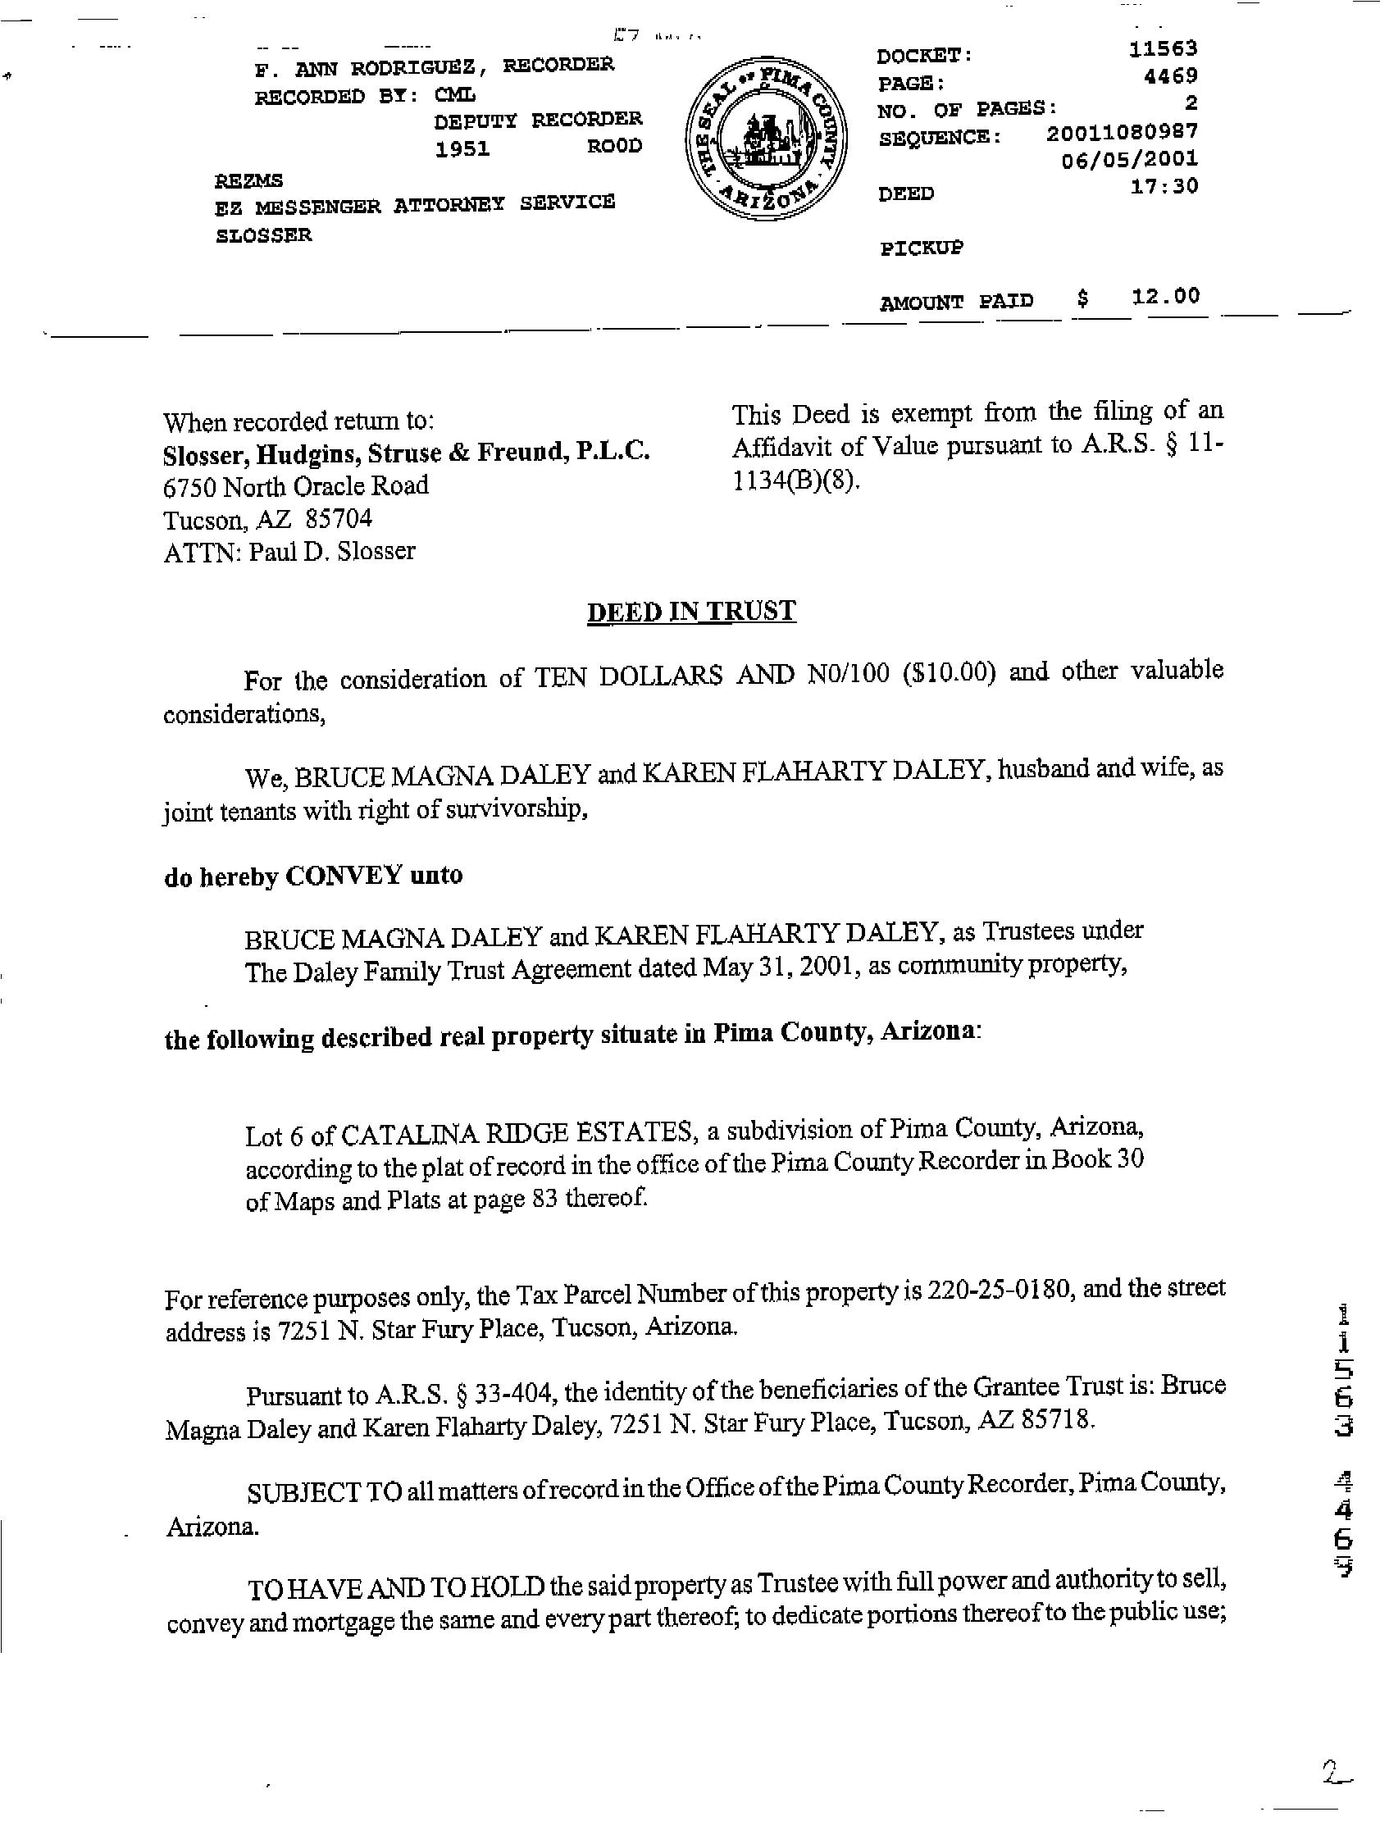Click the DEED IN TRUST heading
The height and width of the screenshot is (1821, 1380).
pos(691,612)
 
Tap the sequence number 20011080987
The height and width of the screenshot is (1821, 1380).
pos(1123,132)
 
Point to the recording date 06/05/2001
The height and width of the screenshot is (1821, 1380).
pos(1130,159)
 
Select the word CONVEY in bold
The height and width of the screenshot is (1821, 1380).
pos(343,876)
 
